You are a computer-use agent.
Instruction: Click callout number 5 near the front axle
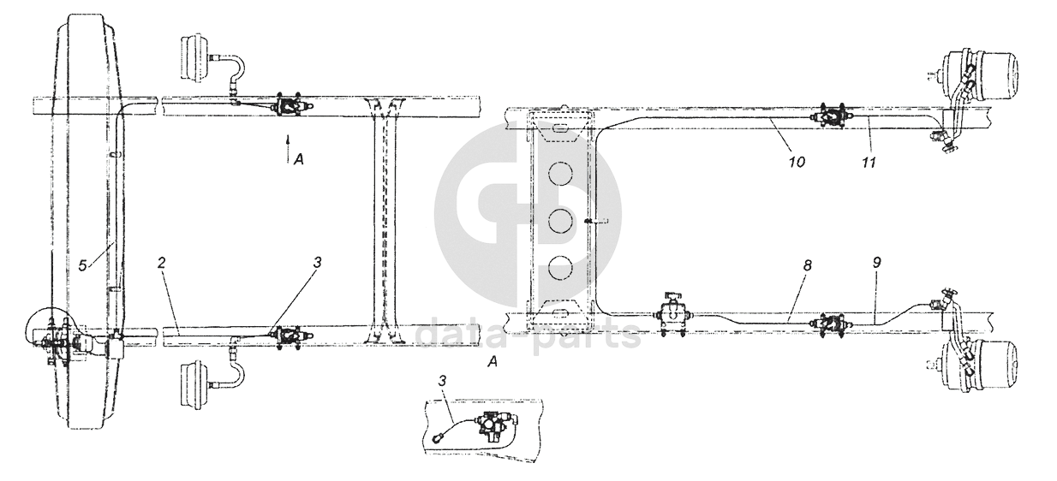coord(82,266)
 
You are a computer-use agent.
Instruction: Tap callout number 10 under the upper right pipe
coord(796,162)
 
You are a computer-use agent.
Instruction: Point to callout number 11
coord(869,163)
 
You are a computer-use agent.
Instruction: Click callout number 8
coord(808,265)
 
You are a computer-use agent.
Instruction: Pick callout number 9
coord(877,263)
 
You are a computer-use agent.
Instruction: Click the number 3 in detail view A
coord(442,381)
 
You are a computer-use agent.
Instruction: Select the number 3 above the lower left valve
coord(317,263)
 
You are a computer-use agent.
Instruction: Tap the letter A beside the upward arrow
coord(298,160)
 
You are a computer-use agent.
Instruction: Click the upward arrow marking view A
coord(287,148)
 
